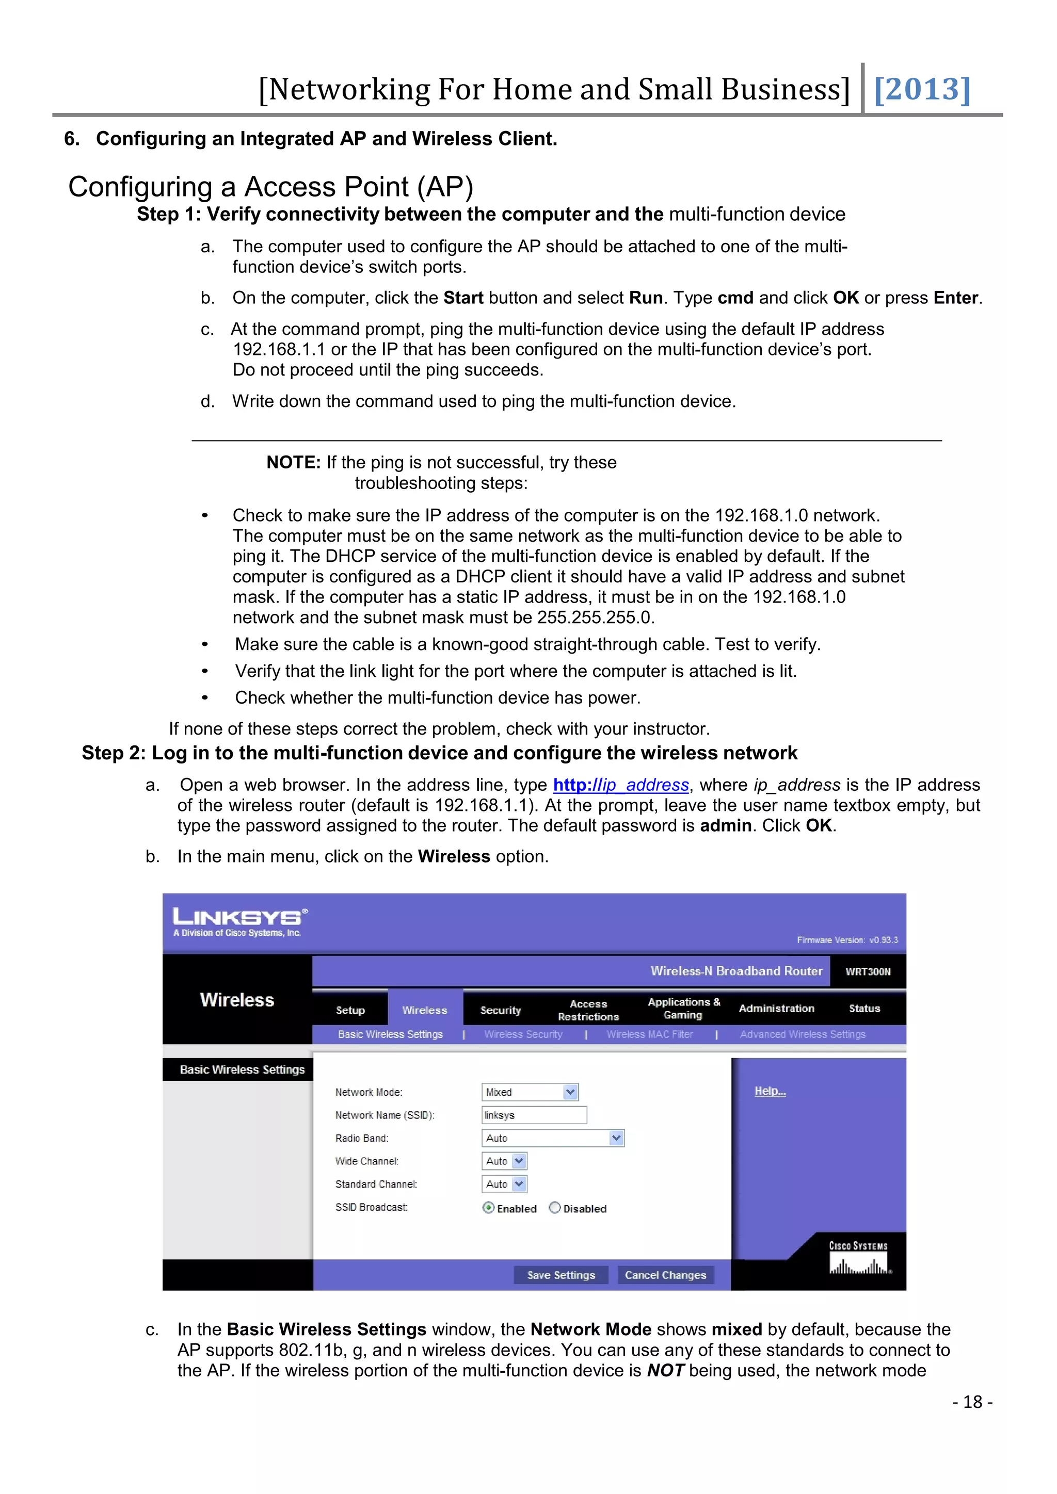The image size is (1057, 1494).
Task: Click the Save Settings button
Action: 560,1275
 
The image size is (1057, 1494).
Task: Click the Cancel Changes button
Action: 665,1275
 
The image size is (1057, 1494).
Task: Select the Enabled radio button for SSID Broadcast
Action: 488,1208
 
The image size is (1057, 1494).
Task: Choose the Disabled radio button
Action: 554,1208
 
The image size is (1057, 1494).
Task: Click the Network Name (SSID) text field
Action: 534,1115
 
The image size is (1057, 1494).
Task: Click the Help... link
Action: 770,1091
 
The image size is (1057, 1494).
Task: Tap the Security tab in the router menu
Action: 501,1010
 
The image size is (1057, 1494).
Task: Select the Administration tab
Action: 776,1008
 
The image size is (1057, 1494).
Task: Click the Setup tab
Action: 350,1010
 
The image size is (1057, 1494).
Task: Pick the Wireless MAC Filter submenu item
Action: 650,1034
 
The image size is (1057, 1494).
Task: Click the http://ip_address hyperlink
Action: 620,785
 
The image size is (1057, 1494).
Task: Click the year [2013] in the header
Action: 922,89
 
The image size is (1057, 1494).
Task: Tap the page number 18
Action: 972,1402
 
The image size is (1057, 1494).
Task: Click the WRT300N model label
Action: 867,971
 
